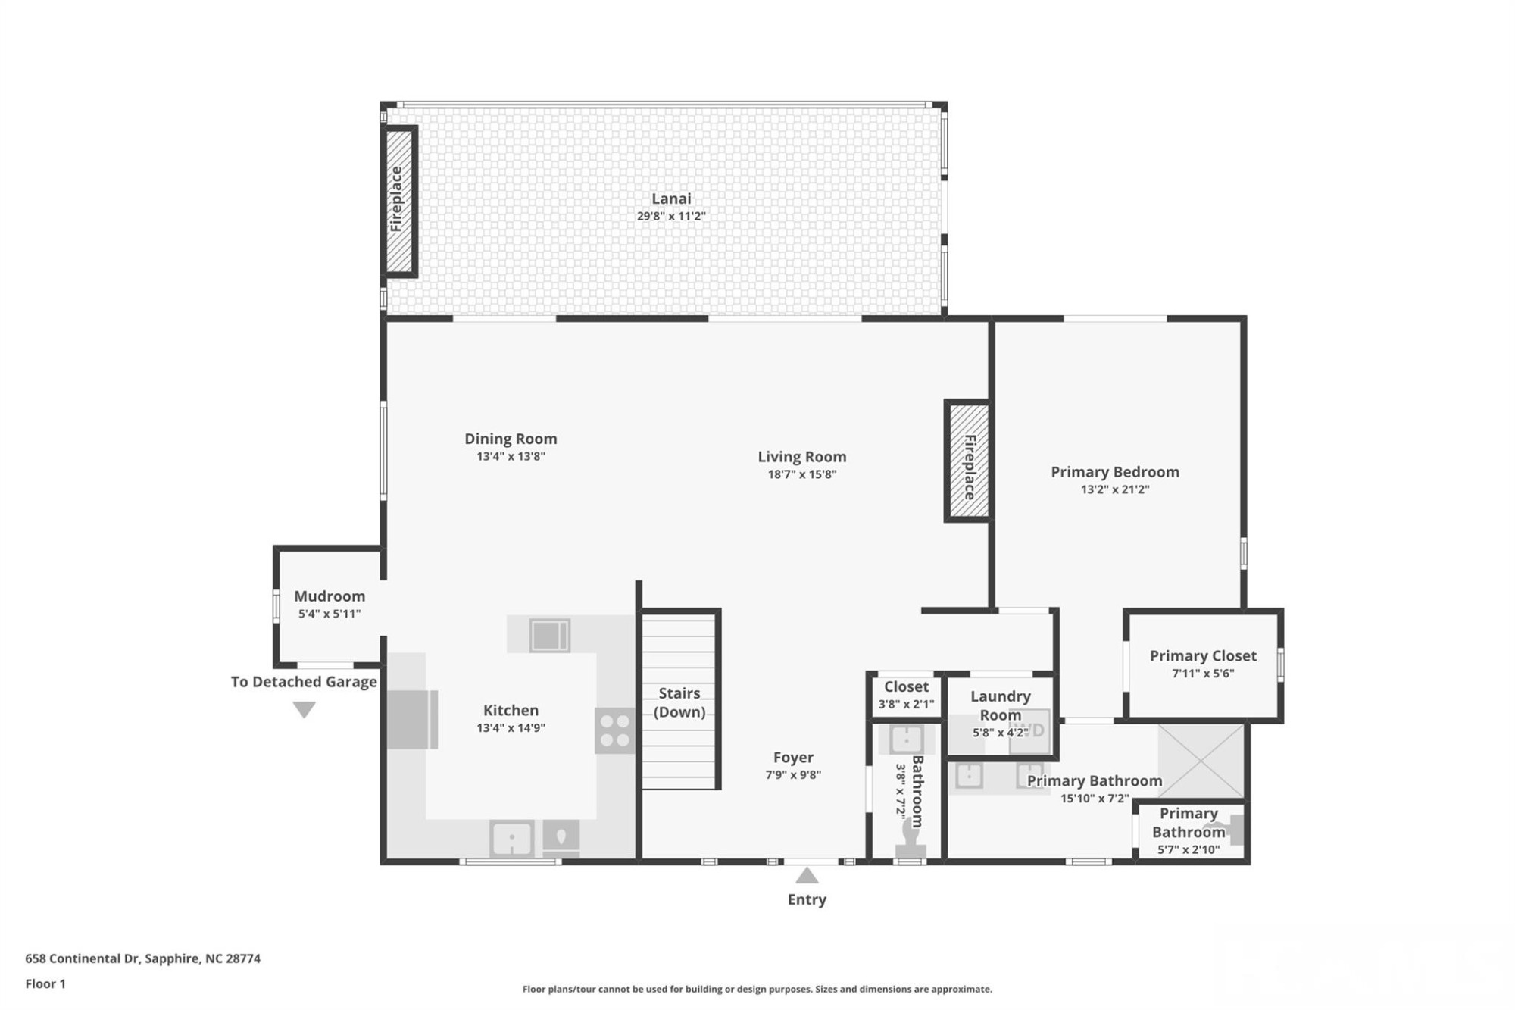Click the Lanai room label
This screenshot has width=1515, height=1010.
pyautogui.click(x=671, y=199)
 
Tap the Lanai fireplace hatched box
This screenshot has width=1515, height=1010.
pyautogui.click(x=398, y=202)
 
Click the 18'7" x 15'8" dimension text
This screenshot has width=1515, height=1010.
pyautogui.click(x=801, y=474)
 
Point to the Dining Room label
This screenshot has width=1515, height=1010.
pyautogui.click(x=511, y=439)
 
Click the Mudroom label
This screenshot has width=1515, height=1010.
pyautogui.click(x=330, y=596)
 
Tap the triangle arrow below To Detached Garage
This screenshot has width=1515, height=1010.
pyautogui.click(x=304, y=709)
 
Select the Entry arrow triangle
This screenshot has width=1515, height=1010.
pyautogui.click(x=807, y=876)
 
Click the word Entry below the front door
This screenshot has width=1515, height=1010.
pyautogui.click(x=807, y=899)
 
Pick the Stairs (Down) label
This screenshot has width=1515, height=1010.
pyautogui.click(x=679, y=702)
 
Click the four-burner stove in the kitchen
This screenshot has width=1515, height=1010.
pyautogui.click(x=614, y=730)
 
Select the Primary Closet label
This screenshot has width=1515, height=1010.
pyautogui.click(x=1203, y=656)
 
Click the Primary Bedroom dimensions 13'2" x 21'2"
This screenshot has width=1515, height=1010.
pyautogui.click(x=1115, y=489)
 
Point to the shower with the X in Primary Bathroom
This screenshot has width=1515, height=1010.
pyautogui.click(x=1201, y=760)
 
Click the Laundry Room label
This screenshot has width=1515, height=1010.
pyautogui.click(x=1001, y=705)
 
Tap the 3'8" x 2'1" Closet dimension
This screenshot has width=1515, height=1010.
pyautogui.click(x=906, y=704)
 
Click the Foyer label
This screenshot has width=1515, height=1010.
pyautogui.click(x=793, y=757)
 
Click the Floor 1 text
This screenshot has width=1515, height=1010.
pyautogui.click(x=45, y=983)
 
